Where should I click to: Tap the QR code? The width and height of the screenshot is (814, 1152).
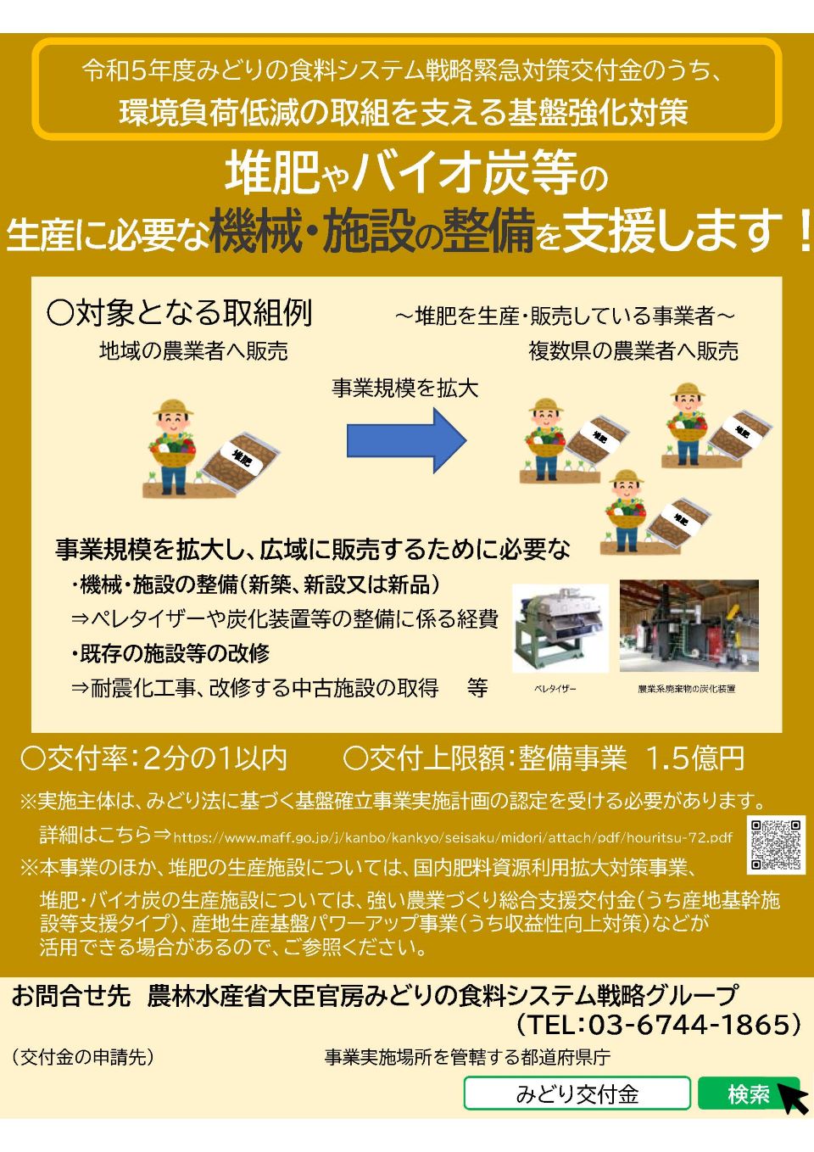pyautogui.click(x=776, y=845)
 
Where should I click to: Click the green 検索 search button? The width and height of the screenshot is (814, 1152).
pyautogui.click(x=748, y=1094)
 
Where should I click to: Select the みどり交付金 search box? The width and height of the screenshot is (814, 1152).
pyautogui.click(x=577, y=1094)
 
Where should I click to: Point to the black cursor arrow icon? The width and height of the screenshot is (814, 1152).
pyautogui.click(x=794, y=1099)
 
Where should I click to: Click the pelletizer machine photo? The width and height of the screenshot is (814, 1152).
pyautogui.click(x=560, y=628)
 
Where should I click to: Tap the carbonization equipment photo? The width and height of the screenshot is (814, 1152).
pyautogui.click(x=689, y=626)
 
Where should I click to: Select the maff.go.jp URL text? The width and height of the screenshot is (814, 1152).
pyautogui.click(x=453, y=838)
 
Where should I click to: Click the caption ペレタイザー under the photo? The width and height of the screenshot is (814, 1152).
pyautogui.click(x=555, y=689)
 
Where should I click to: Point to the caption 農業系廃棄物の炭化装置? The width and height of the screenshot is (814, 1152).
pyautogui.click(x=687, y=689)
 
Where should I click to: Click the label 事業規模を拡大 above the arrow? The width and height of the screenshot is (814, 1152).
pyautogui.click(x=405, y=389)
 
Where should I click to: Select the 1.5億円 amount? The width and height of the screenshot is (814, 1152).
pyautogui.click(x=695, y=758)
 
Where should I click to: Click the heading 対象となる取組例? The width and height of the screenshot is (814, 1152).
pyautogui.click(x=180, y=313)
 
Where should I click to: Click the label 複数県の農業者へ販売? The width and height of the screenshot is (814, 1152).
pyautogui.click(x=633, y=350)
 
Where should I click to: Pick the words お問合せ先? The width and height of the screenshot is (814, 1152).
pyautogui.click(x=71, y=995)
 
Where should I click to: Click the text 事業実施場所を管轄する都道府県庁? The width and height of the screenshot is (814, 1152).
pyautogui.click(x=467, y=1057)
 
